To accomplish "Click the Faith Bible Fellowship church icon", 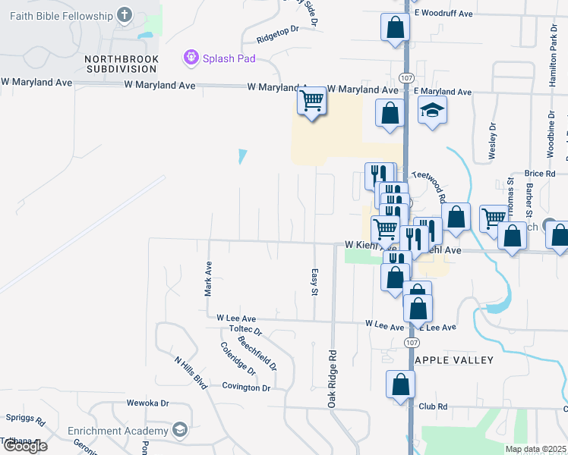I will (125, 15).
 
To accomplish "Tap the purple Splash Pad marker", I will (190, 57).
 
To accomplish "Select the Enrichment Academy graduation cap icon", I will (180, 431).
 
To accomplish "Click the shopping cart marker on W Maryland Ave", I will (311, 101).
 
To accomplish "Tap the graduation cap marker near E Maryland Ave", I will (432, 112).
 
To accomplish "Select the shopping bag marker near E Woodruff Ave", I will (395, 29).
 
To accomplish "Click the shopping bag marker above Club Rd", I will (400, 384).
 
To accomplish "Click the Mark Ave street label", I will (207, 279).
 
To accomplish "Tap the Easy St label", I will (314, 282).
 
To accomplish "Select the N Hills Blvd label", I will (191, 373).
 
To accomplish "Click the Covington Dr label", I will (246, 388).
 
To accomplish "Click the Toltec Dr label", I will (245, 331).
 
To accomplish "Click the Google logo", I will (24, 446).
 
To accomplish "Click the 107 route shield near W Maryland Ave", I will (404, 78).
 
